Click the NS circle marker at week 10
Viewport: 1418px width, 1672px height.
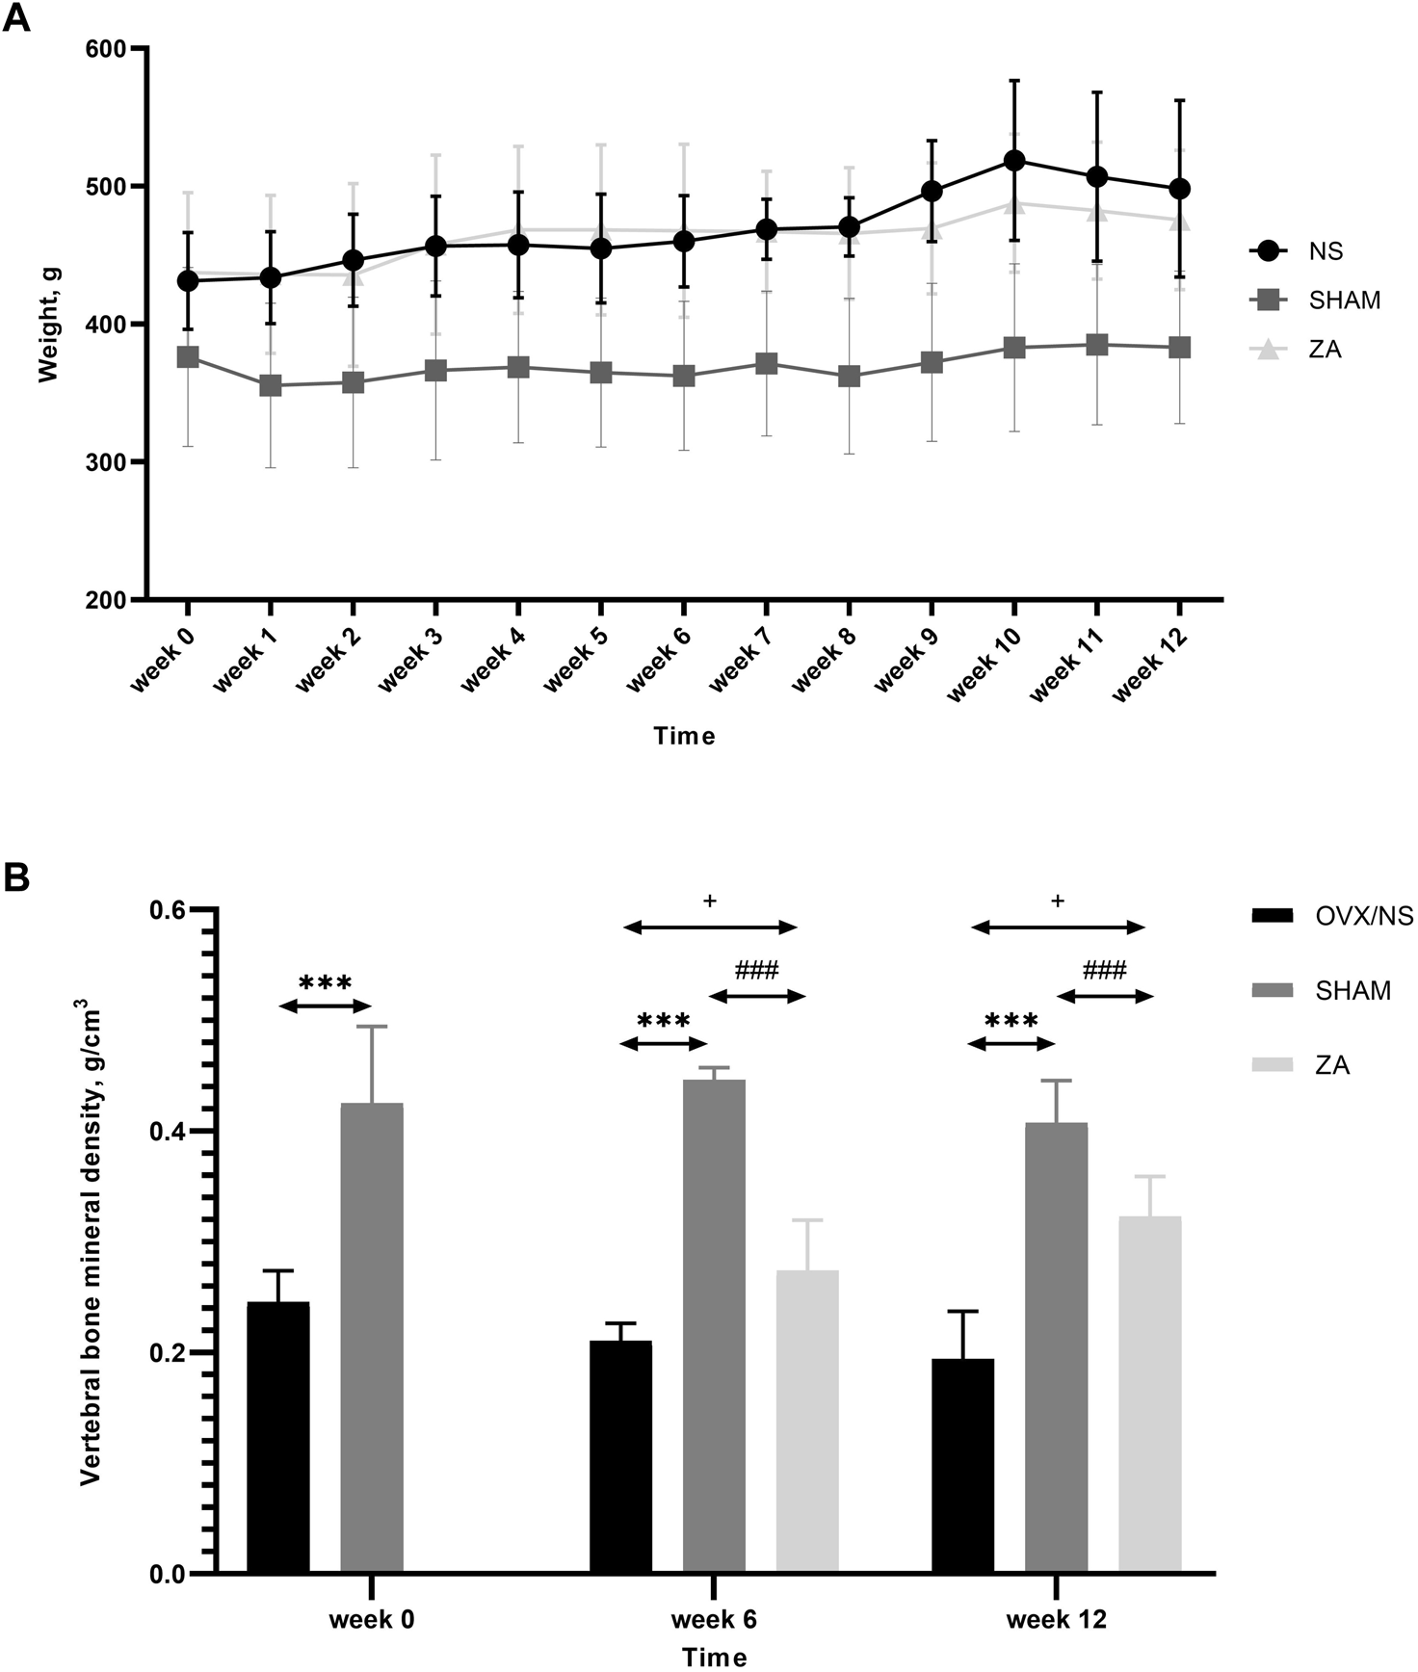[x=1013, y=161]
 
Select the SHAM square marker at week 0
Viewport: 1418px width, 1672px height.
[x=188, y=357]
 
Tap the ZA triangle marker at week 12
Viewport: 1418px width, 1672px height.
[x=1179, y=222]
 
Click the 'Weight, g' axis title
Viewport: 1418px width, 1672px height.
[x=48, y=325]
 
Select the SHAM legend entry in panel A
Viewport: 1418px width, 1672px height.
[x=1344, y=300]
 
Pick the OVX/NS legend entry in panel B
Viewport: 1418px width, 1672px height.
[x=1363, y=916]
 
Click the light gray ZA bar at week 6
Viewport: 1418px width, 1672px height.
[x=807, y=1422]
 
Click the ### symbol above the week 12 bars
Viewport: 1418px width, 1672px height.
[x=1104, y=970]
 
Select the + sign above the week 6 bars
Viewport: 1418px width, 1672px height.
[x=710, y=901]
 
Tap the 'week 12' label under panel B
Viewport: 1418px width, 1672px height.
[x=1056, y=1620]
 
